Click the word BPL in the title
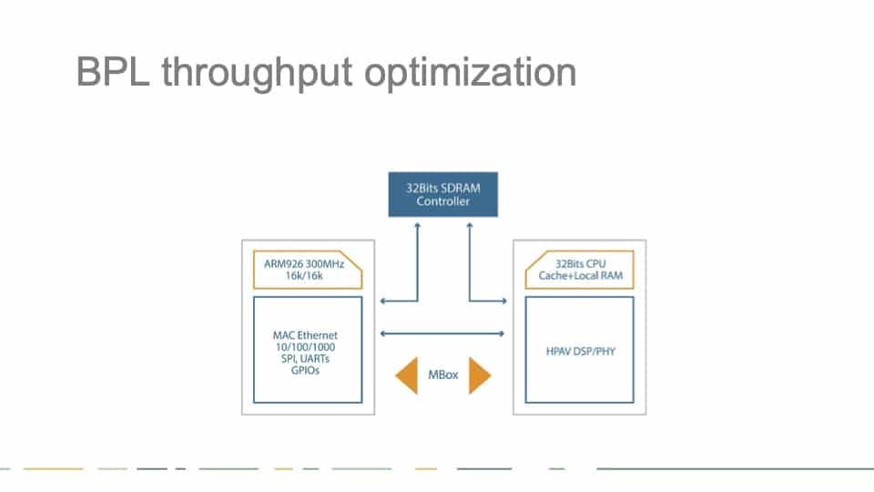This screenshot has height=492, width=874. (113, 72)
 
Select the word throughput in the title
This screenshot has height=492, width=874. (257, 74)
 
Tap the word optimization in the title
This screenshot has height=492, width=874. (471, 73)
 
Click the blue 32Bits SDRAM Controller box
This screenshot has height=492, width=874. (443, 194)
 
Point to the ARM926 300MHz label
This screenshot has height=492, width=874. (304, 264)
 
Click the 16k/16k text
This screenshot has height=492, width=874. (304, 275)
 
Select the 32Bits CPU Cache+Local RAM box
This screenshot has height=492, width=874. (580, 270)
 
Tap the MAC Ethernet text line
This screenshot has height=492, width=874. (305, 335)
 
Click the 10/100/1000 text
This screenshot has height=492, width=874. (305, 347)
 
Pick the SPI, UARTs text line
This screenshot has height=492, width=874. (305, 359)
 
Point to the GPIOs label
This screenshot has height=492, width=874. (305, 371)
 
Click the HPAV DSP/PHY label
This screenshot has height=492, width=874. (580, 352)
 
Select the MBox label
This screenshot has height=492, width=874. (443, 374)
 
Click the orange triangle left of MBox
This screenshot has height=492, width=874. (409, 375)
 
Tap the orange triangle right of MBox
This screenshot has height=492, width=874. (478, 375)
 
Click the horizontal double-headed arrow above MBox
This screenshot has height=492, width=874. (442, 333)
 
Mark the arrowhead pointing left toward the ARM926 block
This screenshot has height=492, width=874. (382, 302)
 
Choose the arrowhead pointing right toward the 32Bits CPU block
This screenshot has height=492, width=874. (503, 302)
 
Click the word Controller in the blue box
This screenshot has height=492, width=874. (443, 201)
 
